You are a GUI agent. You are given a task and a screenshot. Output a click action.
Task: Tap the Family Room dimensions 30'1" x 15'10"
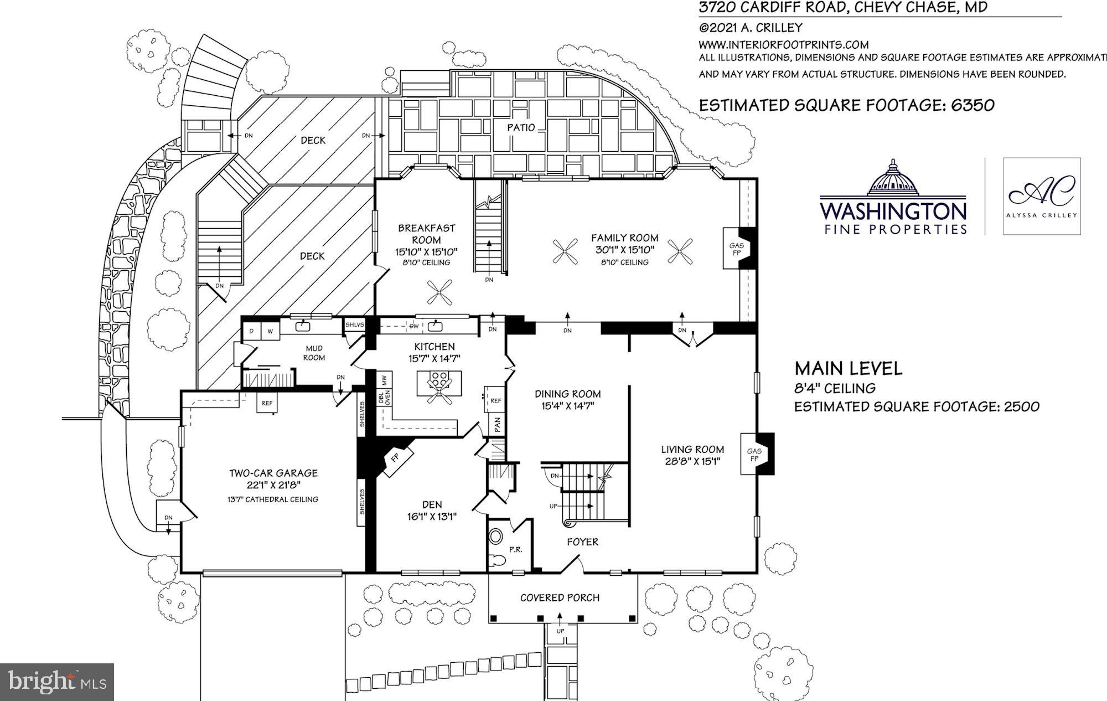[x=624, y=250]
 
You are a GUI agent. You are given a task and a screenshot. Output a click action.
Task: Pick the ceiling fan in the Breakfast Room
[x=440, y=292]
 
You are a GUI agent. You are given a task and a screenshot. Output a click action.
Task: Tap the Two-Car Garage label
[x=273, y=473]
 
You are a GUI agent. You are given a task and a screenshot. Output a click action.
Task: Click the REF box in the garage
[x=267, y=403]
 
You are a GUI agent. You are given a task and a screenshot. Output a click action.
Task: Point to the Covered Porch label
[x=560, y=597]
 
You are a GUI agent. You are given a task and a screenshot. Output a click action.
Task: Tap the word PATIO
[x=521, y=127]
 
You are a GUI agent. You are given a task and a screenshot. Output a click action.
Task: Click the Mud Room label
[x=314, y=353]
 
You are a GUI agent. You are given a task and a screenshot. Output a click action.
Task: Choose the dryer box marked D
[x=251, y=331]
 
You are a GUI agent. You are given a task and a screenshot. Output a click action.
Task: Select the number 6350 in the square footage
[x=972, y=105]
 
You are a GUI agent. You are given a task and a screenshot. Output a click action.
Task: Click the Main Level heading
[x=848, y=368]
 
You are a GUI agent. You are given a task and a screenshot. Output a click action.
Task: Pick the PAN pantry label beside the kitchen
[x=497, y=425]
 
